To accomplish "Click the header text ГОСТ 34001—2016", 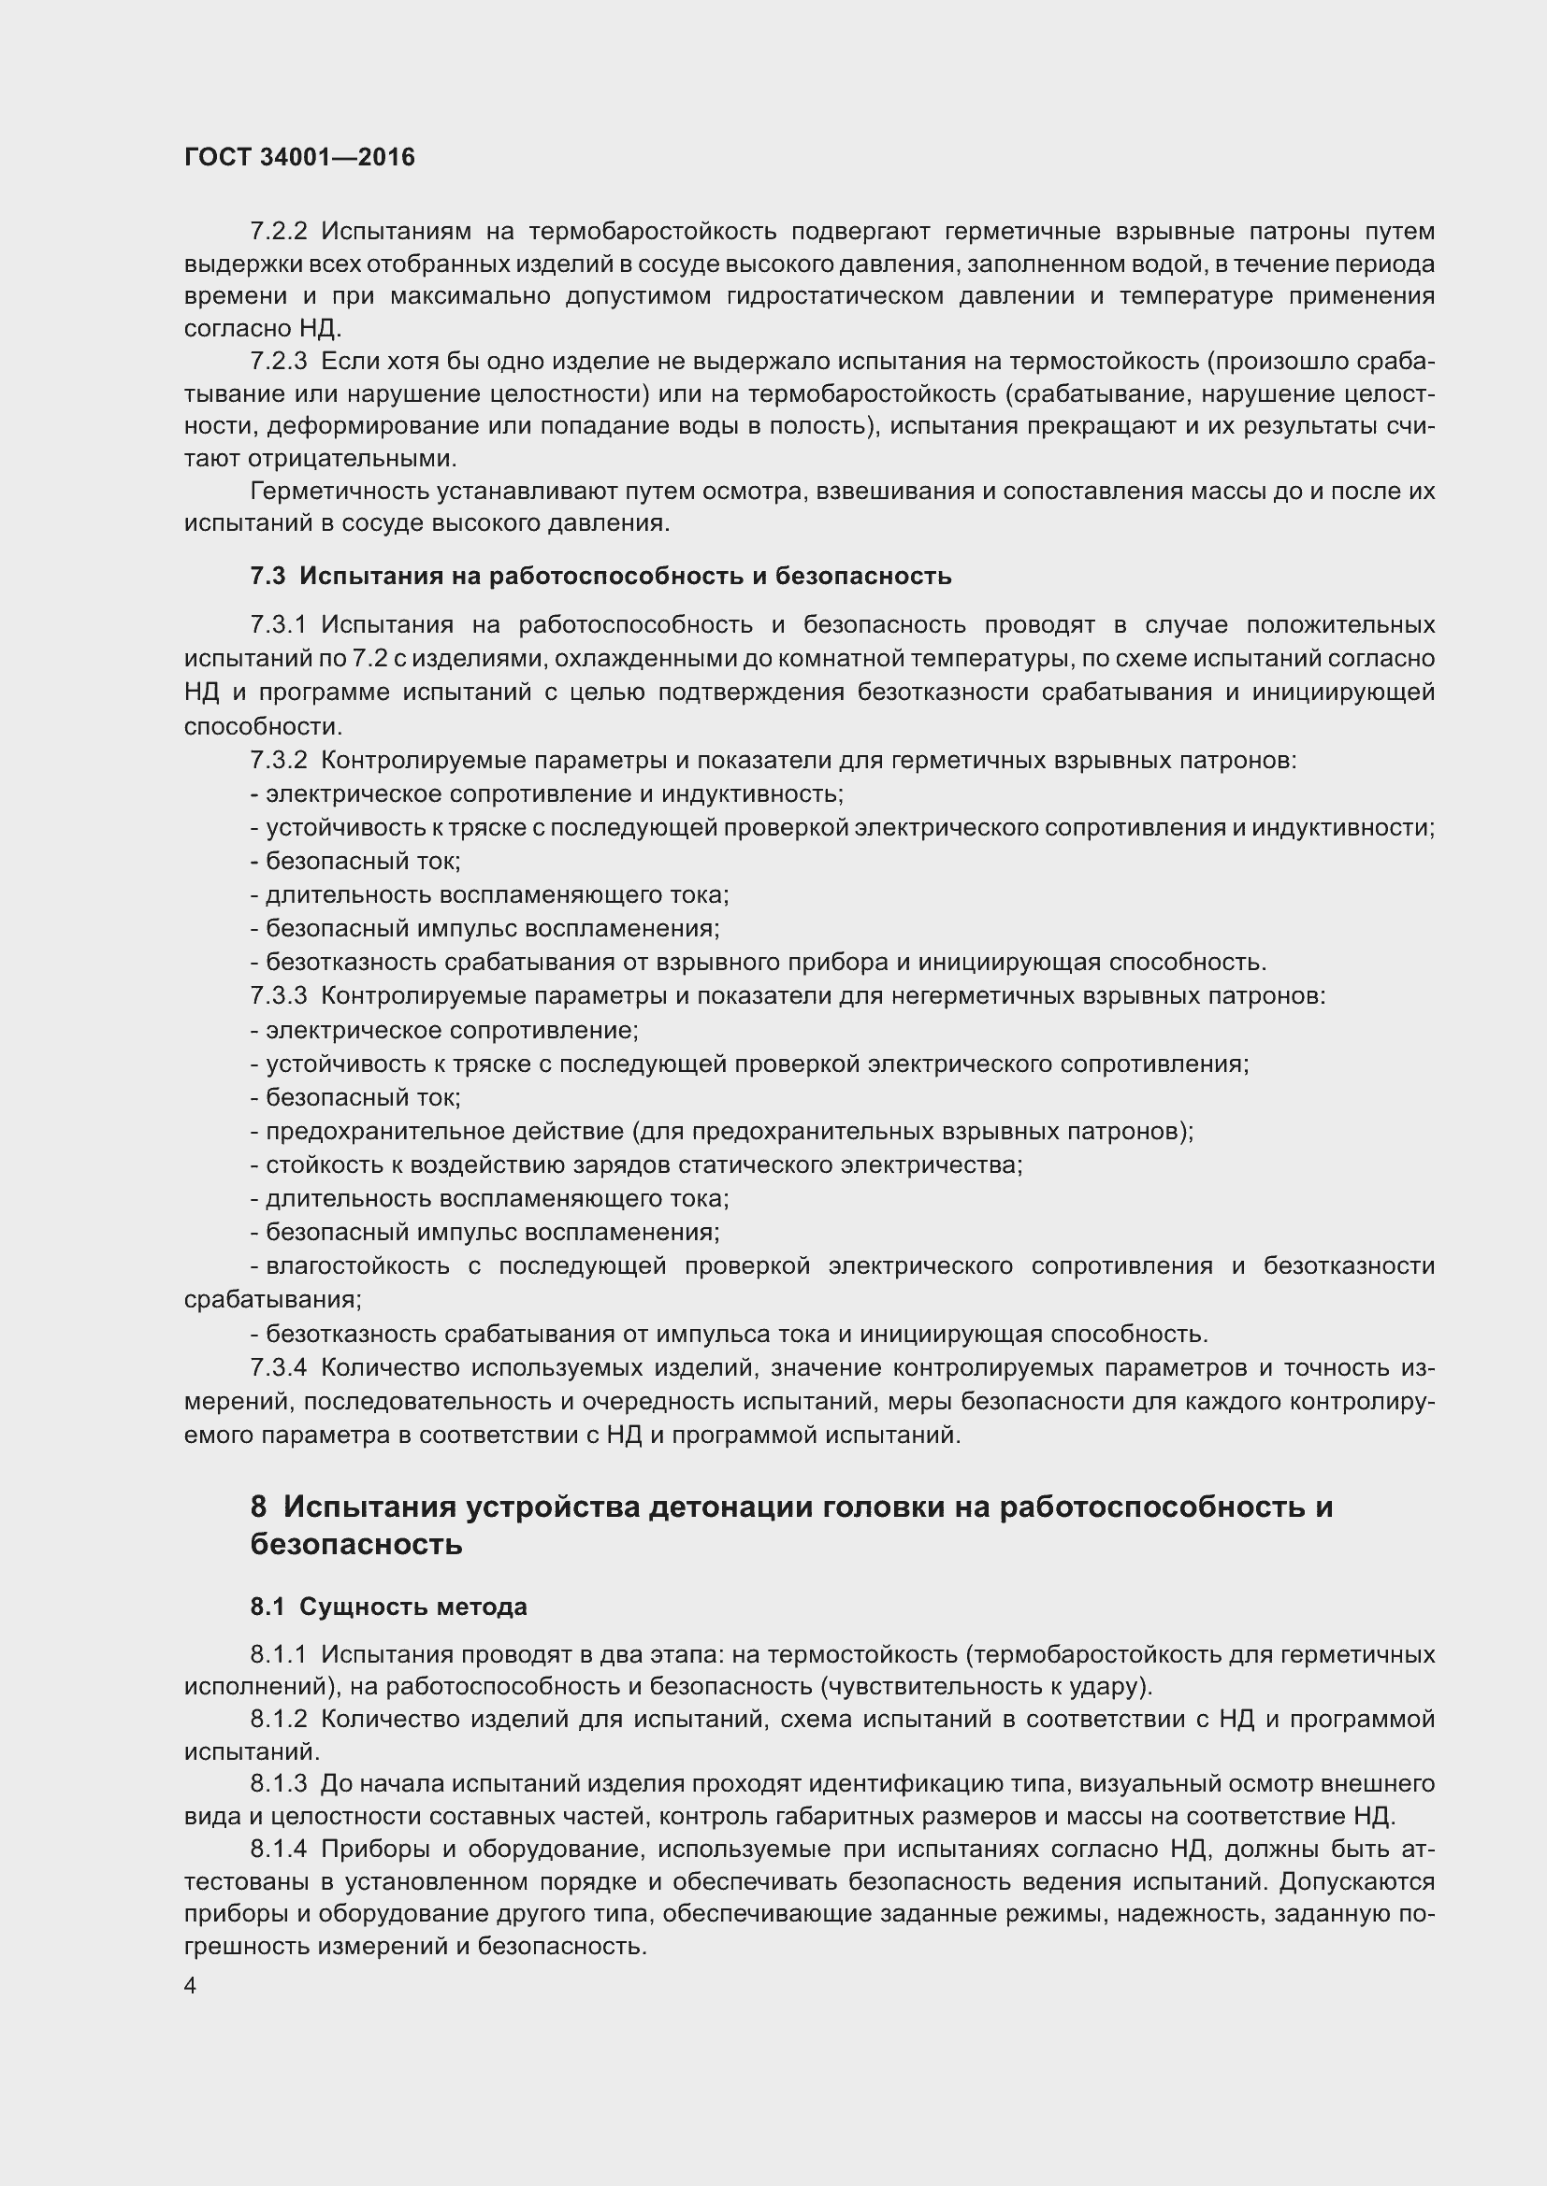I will click(x=299, y=157).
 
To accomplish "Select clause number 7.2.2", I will click(x=278, y=232).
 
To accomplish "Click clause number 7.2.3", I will click(x=278, y=361).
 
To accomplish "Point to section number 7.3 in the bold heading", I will click(x=267, y=576).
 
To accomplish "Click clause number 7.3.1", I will click(x=278, y=624).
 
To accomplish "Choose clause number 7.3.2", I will click(x=278, y=760).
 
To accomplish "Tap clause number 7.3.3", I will click(x=278, y=996).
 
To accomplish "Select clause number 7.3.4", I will click(x=278, y=1367).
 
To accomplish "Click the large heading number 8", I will click(x=259, y=1507).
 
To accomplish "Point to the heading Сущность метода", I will click(x=412, y=1607).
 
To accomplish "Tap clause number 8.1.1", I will click(x=278, y=1655).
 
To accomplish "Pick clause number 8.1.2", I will click(x=278, y=1720).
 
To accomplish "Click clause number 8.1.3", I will click(x=278, y=1783).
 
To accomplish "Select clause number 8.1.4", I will click(x=278, y=1849).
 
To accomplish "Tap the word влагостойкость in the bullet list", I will click(x=357, y=1265).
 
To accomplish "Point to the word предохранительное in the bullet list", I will click(x=383, y=1131).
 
